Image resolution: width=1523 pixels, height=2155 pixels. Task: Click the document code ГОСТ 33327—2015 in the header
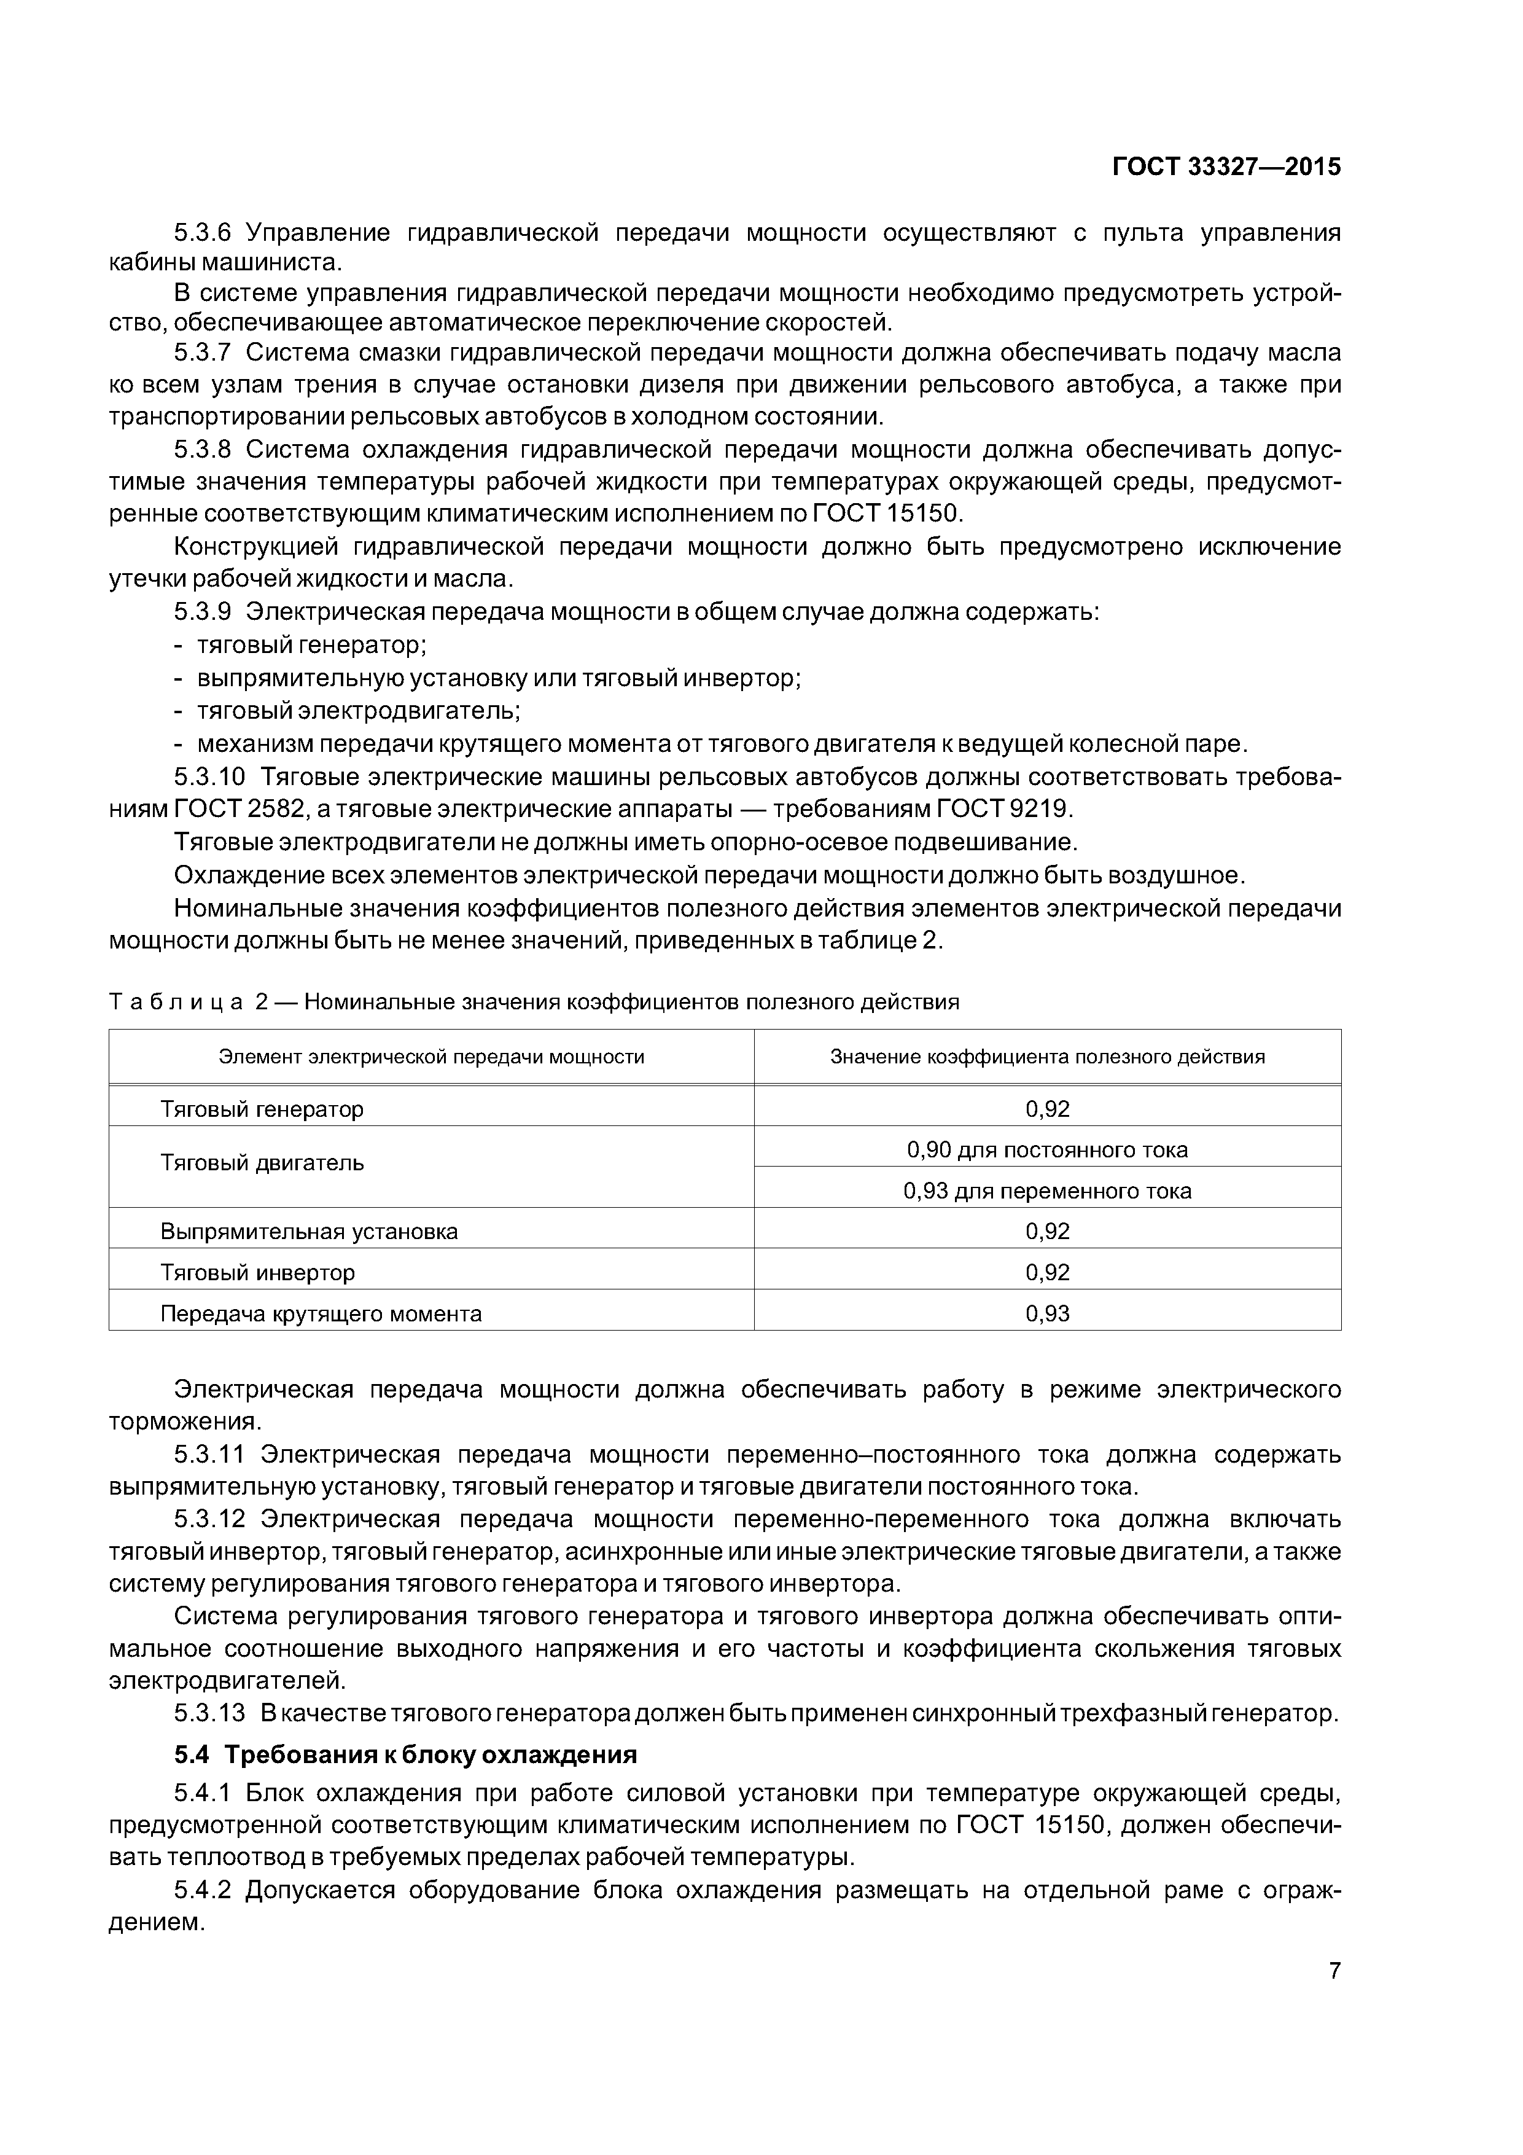point(1226,167)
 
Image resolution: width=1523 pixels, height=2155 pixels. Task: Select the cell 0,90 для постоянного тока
point(1047,1150)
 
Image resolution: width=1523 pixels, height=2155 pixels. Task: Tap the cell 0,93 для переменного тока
point(1047,1191)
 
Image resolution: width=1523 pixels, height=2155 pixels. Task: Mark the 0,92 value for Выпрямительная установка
point(1047,1232)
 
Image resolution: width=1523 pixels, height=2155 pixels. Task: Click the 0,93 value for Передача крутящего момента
point(1047,1314)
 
